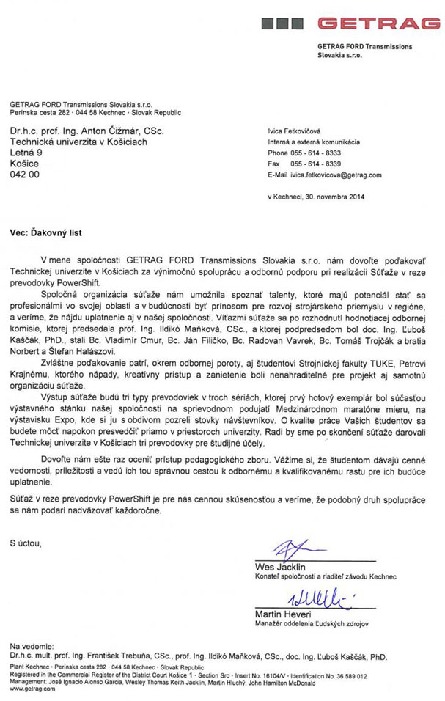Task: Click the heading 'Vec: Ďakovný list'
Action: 45,233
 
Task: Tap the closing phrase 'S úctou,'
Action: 26,543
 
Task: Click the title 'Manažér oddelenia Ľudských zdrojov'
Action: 312,624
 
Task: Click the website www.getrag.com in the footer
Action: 30,689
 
